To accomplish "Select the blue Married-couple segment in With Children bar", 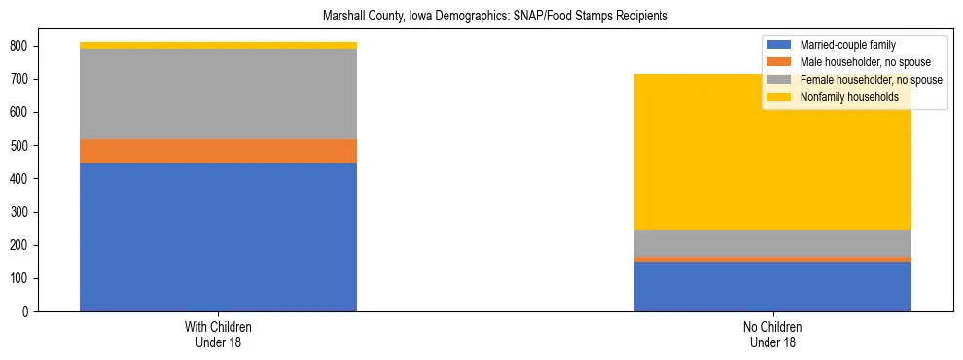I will [x=218, y=237].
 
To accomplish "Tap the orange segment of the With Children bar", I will [x=218, y=152].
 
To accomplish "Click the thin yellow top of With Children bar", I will [x=218, y=46].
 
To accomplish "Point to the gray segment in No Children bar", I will [x=772, y=243].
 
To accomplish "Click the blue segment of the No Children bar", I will [x=772, y=286].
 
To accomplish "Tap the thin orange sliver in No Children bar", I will [x=772, y=259].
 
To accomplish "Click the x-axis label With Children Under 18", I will [x=218, y=334].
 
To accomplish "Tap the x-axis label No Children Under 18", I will [x=772, y=334].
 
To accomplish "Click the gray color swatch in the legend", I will [x=779, y=80].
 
